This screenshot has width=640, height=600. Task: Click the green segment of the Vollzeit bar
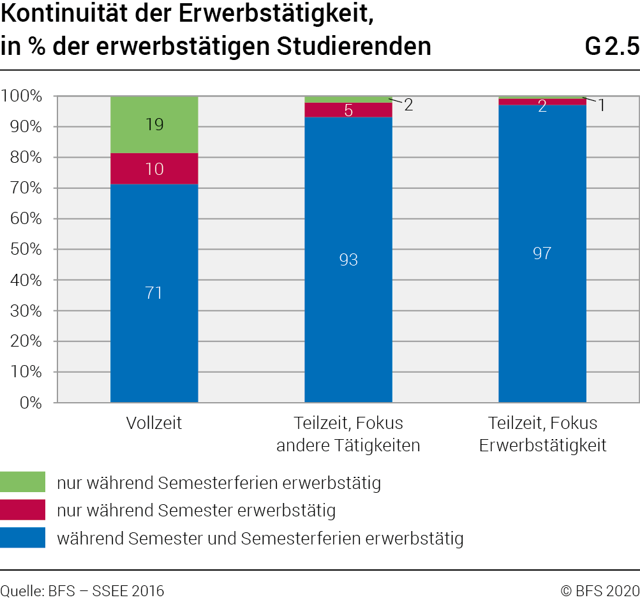154,125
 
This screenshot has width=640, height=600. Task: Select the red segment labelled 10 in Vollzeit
154,169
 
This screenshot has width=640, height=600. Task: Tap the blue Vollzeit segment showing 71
154,293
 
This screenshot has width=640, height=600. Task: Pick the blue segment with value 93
348,260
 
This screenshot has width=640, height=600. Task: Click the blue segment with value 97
542,253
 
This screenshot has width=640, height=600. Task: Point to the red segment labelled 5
348,110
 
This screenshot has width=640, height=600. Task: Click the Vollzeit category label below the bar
154,423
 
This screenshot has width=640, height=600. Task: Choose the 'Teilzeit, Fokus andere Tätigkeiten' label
348,434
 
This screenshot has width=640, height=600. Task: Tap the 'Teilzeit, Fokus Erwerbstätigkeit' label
542,434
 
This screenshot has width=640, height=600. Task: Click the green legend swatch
23,482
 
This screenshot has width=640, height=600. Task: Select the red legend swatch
23,510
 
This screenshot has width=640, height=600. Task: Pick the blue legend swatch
23,537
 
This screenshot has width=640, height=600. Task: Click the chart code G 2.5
611,47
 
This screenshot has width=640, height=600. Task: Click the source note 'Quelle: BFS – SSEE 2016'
82,590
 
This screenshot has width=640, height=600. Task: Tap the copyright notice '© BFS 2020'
600,590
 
